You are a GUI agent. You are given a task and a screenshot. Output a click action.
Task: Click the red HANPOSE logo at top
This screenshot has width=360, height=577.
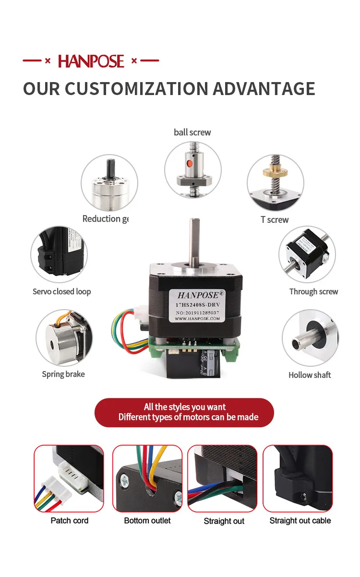(91, 61)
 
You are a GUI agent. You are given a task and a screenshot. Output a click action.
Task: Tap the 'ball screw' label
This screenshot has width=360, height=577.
(192, 132)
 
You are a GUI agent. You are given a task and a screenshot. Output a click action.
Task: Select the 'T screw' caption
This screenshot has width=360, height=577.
(275, 219)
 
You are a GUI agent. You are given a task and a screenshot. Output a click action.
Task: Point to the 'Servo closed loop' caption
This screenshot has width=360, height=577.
(61, 291)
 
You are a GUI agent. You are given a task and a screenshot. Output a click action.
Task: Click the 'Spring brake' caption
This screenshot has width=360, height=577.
(63, 374)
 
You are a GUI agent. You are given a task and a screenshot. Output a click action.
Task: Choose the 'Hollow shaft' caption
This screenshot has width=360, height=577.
(310, 375)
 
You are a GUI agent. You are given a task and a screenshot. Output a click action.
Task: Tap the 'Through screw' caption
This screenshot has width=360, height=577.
(313, 291)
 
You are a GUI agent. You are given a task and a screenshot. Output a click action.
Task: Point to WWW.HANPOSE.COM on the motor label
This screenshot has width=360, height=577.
(194, 318)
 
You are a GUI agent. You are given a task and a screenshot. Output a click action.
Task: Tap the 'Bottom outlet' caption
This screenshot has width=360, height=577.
(147, 520)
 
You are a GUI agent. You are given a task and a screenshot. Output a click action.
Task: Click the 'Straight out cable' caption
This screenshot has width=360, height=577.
(300, 520)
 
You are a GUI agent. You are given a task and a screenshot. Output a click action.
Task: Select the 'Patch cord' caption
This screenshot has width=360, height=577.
(70, 520)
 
